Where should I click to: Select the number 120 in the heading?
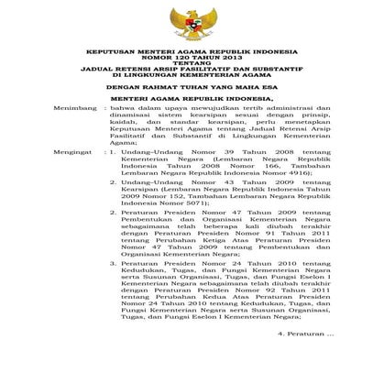click(187, 61)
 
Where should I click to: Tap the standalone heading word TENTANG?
click(192, 68)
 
